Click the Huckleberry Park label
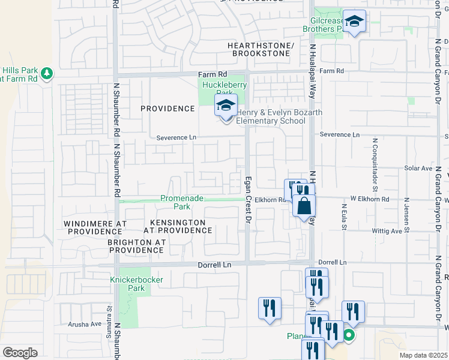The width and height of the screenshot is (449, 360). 221,89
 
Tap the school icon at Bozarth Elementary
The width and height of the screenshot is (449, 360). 226,106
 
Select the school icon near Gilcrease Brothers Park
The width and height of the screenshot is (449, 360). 354,22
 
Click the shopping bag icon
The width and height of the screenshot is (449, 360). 304,206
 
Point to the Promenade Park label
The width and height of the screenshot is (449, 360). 182,202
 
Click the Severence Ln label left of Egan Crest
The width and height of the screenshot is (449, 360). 176,137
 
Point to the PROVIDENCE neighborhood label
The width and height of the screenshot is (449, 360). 167,109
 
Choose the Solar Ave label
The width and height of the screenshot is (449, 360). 418,169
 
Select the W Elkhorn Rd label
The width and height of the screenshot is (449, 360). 370,199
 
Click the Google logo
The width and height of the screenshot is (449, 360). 20,352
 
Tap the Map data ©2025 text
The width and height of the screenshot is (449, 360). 423,355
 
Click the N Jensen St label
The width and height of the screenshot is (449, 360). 406,215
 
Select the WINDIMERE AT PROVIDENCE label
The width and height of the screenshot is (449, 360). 95,227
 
